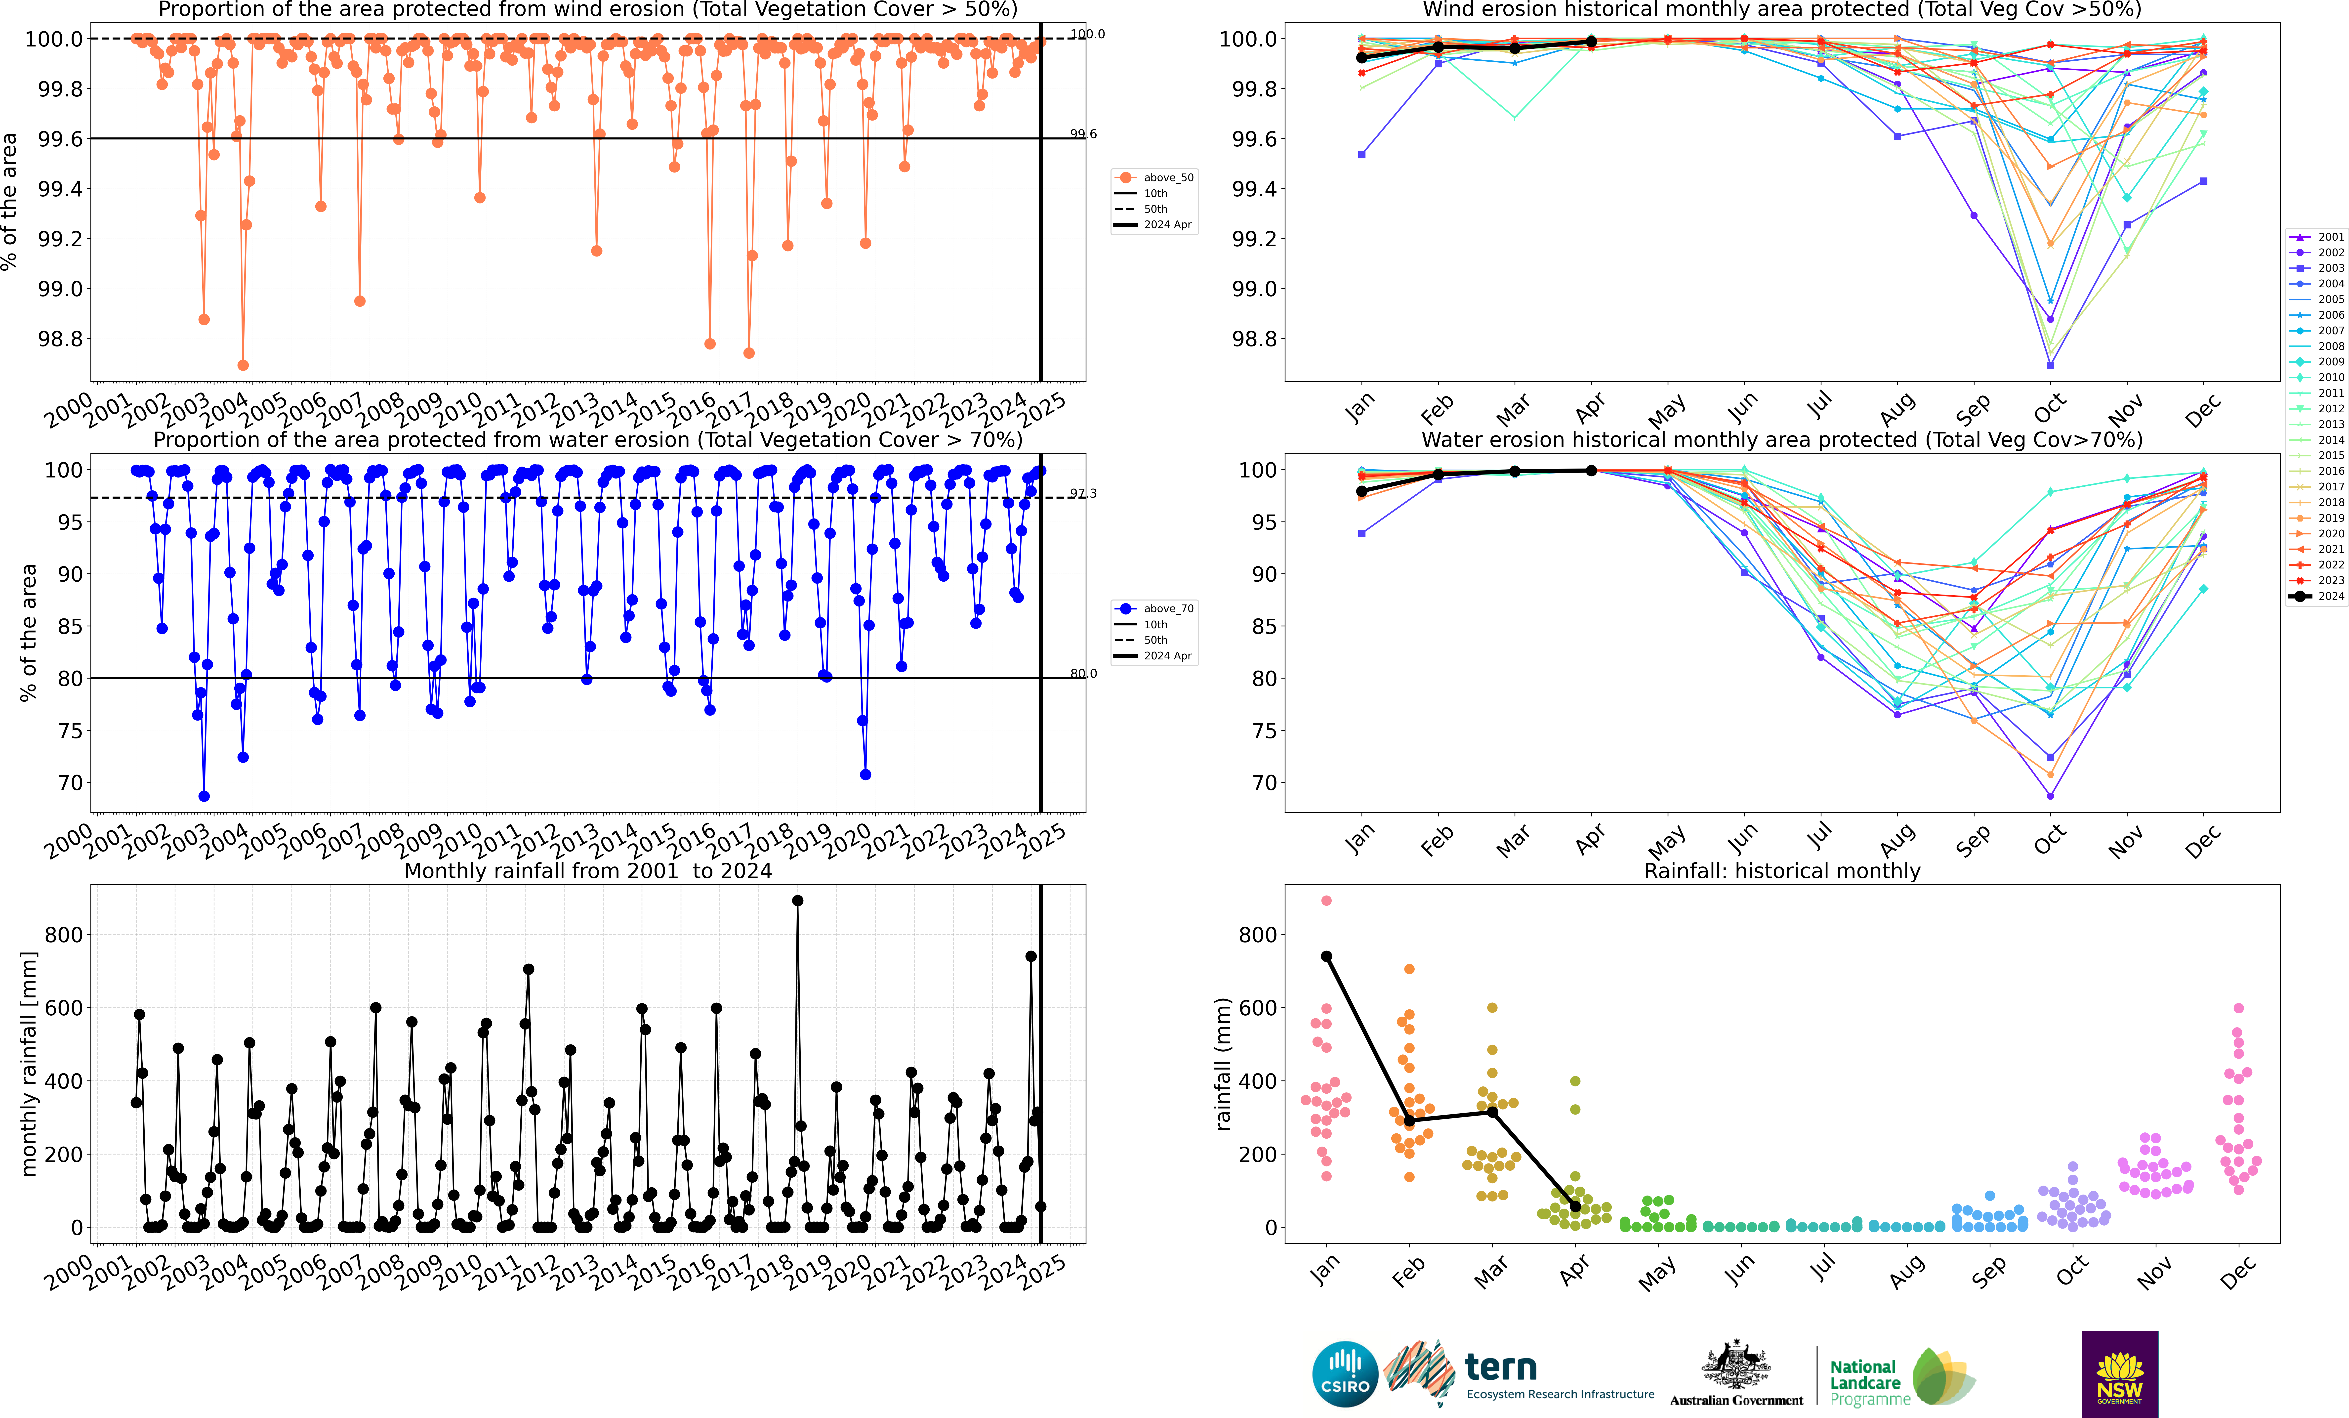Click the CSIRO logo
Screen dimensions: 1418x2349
tap(1345, 1374)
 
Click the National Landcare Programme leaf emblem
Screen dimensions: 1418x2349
tap(1943, 1376)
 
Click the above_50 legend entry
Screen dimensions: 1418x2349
tap(1154, 177)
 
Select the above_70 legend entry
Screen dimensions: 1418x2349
tap(1154, 608)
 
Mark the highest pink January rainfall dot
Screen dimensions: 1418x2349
tap(1326, 900)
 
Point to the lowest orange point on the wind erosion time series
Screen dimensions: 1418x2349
tap(243, 365)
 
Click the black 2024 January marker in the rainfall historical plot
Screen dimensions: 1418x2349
tap(1326, 956)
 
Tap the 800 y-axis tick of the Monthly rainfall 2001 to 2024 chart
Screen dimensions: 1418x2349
tap(64, 935)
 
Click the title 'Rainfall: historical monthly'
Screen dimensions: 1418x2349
tap(1782, 871)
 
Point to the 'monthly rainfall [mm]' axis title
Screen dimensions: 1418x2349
tap(29, 1063)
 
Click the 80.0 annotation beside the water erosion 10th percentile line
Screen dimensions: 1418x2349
tap(1083, 673)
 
